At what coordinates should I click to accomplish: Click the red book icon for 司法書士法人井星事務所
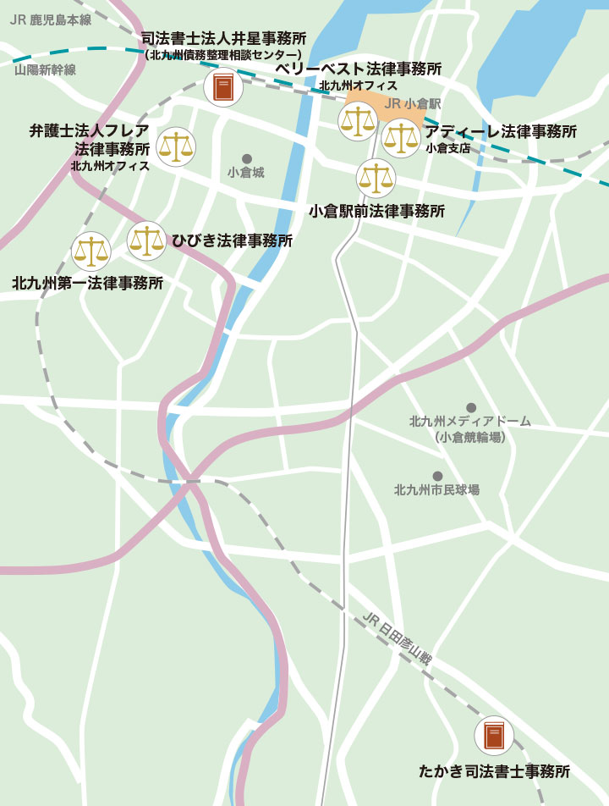tap(223, 87)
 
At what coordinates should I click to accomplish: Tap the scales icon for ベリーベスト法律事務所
tap(357, 121)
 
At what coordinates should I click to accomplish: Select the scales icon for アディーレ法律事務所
tap(401, 139)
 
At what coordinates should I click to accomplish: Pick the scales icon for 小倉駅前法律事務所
tap(375, 178)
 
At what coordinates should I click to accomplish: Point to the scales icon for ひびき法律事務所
tap(146, 240)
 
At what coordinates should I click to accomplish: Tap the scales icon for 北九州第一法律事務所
tap(91, 251)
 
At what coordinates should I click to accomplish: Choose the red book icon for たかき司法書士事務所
tap(493, 736)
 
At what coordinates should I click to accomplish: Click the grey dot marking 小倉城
tap(247, 158)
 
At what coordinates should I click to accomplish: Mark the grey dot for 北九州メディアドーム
tap(471, 407)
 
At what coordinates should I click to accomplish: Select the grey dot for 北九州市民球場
tap(437, 476)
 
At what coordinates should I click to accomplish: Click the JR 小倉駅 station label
tap(412, 103)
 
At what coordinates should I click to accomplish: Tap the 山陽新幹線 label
tap(45, 70)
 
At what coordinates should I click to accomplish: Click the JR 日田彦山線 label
tap(397, 641)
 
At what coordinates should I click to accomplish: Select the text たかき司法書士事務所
tap(495, 771)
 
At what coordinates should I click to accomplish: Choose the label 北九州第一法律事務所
tap(88, 283)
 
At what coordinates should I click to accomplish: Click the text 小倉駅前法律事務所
tap(376, 211)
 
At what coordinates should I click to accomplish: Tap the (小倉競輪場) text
tap(470, 438)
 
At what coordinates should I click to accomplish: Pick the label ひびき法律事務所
tap(233, 240)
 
